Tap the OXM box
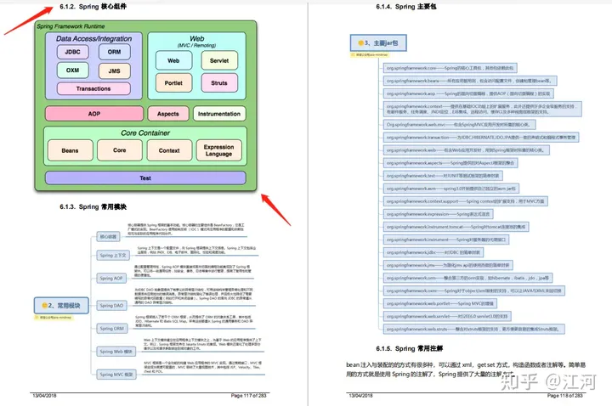click(71, 70)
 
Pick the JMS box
click(115, 70)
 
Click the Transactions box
click(93, 88)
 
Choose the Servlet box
click(218, 61)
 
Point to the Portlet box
click(173, 83)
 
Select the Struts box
click(218, 83)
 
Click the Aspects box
click(168, 114)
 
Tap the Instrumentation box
click(219, 114)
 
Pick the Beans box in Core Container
click(70, 149)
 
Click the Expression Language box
click(218, 150)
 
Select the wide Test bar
click(145, 178)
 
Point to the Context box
click(169, 149)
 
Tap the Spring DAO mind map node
click(111, 305)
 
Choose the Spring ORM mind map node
click(111, 328)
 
